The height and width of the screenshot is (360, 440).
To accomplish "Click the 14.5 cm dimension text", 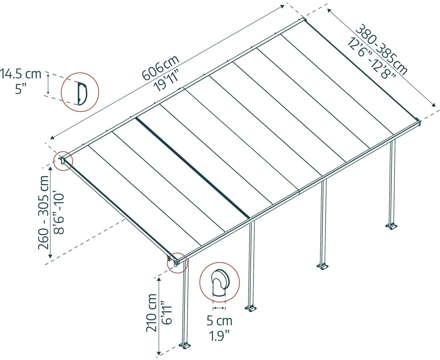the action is coord(21,74).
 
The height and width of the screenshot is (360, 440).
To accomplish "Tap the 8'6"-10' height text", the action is coord(59,213).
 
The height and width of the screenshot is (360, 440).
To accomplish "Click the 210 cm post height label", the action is coord(152,312).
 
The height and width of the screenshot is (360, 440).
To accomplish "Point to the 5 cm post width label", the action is coord(219,321).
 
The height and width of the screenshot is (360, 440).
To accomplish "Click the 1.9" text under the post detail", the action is coord(219,335).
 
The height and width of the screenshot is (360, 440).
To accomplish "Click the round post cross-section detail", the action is coord(219,282).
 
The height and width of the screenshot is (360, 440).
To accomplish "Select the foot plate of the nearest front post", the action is coord(185,345).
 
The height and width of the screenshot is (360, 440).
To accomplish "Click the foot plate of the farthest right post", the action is coord(391,226).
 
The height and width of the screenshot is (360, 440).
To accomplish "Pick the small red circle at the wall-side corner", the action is coord(63,161).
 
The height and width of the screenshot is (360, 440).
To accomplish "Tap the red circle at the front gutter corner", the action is coord(177,263).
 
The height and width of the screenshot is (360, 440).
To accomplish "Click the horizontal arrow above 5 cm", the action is coord(219,308).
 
